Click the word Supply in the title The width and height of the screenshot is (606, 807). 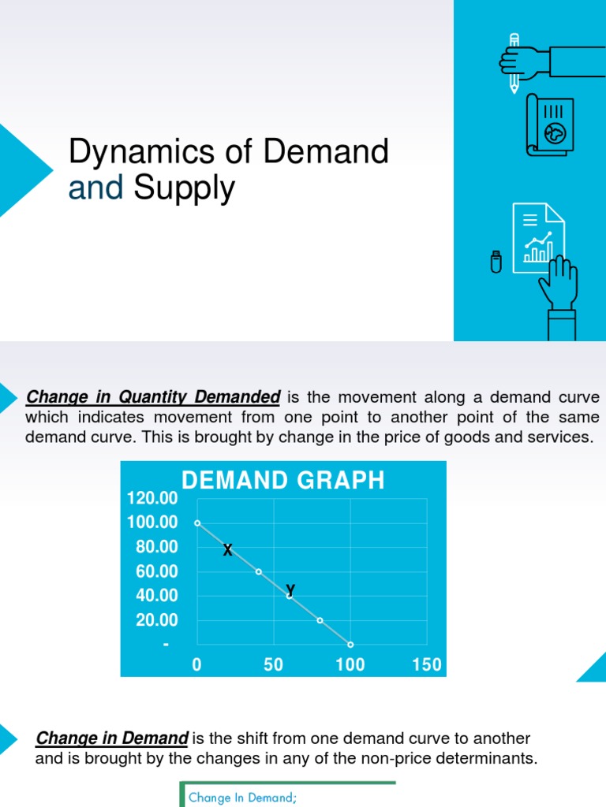[x=184, y=188]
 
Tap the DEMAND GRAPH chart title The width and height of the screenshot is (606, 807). [x=283, y=480]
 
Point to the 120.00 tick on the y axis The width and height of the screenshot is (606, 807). [x=152, y=498]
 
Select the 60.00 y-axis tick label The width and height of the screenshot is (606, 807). [x=157, y=571]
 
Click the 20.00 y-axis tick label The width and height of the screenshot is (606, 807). [x=157, y=621]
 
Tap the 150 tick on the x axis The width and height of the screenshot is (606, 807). [x=427, y=664]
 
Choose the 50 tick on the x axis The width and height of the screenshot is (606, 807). [x=273, y=664]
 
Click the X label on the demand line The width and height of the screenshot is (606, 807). [x=227, y=550]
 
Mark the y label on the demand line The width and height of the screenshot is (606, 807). [x=290, y=588]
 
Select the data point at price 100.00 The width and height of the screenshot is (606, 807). [x=197, y=523]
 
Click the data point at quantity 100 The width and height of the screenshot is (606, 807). [x=350, y=645]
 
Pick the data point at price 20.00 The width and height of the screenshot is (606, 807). [x=320, y=620]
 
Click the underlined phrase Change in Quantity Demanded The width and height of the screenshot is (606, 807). [x=153, y=396]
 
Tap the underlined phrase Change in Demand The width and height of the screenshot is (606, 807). [x=112, y=738]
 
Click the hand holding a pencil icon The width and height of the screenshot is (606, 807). [x=544, y=61]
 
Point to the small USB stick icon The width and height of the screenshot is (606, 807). [x=496, y=262]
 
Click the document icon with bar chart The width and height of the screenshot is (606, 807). [x=538, y=237]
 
